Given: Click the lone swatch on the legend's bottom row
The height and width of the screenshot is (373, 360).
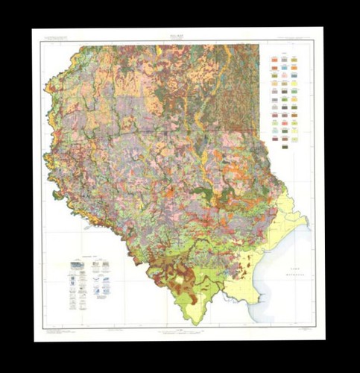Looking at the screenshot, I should [285, 146].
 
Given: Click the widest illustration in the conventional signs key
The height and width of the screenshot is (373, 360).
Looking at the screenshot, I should [78, 266].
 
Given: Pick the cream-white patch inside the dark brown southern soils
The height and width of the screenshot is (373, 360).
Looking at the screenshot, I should [178, 282].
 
